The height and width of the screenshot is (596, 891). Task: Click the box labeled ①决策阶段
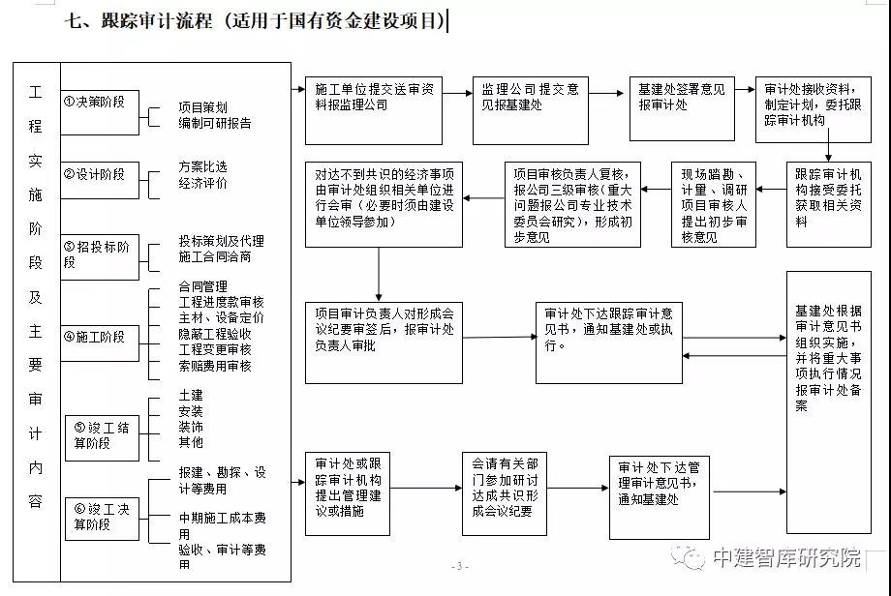[100, 112]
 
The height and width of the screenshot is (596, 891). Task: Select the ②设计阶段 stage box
[100, 181]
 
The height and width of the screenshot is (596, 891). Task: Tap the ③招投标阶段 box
[100, 257]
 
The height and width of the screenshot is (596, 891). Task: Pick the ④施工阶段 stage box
[100, 343]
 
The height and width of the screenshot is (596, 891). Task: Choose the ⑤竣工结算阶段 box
[103, 438]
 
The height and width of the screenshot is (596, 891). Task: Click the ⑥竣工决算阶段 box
[103, 519]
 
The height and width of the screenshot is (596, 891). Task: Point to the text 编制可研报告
[215, 123]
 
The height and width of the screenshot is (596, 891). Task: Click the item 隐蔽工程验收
[215, 334]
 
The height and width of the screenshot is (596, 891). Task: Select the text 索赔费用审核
[215, 366]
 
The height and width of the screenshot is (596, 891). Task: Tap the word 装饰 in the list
[191, 427]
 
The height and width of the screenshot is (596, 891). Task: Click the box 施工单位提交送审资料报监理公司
[373, 110]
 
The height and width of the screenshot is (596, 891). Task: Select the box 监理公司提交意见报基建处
[530, 110]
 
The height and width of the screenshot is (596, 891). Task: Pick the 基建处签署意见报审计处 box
[682, 108]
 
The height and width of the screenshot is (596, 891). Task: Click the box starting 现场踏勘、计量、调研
[714, 204]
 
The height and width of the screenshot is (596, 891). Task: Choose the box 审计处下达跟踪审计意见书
[608, 343]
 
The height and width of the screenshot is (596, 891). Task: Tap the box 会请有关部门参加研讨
[505, 493]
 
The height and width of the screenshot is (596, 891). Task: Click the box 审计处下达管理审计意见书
[660, 497]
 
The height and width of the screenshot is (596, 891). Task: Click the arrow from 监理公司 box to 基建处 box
[606, 93]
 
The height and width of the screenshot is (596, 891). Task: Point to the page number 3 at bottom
[460, 566]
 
